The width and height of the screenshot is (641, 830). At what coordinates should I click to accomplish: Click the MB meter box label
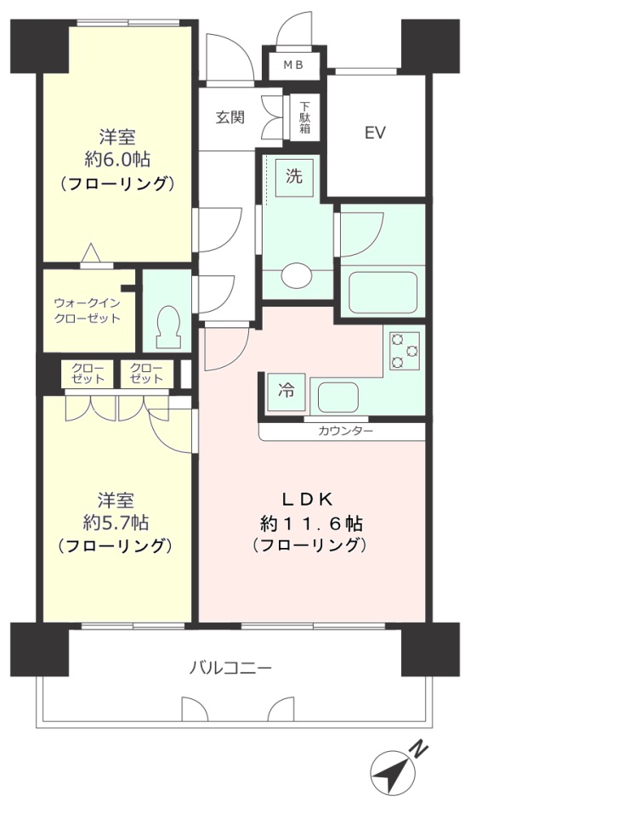(x=292, y=65)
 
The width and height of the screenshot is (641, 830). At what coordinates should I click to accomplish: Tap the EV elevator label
(x=375, y=133)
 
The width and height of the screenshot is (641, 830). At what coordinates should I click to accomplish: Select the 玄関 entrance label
(x=230, y=117)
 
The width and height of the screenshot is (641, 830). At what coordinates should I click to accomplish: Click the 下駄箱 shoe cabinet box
(x=304, y=118)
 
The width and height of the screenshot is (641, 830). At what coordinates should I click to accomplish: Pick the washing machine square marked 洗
(x=293, y=178)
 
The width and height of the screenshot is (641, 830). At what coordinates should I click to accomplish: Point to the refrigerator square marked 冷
(x=287, y=392)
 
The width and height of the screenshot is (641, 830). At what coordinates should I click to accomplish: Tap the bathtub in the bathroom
(x=383, y=291)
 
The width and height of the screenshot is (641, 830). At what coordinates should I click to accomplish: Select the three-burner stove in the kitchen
(x=405, y=351)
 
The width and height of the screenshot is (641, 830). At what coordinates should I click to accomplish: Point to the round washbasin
(x=296, y=275)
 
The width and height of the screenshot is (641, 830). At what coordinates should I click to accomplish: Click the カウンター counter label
(x=345, y=432)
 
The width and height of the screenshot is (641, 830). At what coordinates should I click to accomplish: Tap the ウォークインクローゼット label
(x=87, y=310)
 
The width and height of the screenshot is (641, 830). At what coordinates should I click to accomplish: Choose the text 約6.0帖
(x=117, y=159)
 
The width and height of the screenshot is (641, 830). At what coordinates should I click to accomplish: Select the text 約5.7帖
(x=116, y=522)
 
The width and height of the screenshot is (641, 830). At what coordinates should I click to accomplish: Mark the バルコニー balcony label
(x=230, y=669)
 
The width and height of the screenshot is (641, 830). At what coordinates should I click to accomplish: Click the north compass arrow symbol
(x=390, y=773)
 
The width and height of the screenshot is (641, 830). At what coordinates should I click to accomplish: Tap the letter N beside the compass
(x=417, y=748)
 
